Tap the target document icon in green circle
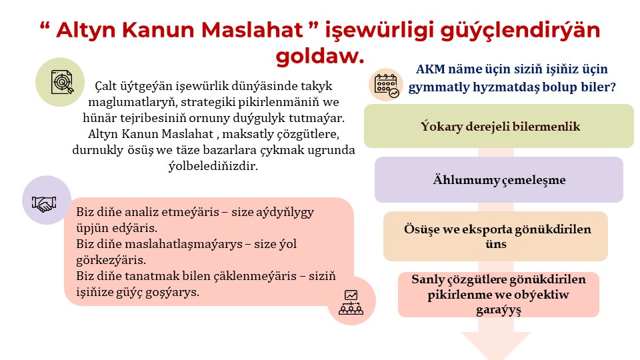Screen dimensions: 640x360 click(62, 82)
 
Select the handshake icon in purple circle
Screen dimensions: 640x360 click(44, 203)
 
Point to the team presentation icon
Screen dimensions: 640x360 click(351, 302)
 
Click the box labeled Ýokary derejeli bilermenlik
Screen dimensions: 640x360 click(499, 126)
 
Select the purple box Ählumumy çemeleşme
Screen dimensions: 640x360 click(499, 179)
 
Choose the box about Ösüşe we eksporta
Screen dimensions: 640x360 click(495, 236)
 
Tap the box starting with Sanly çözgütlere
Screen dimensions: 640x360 click(499, 294)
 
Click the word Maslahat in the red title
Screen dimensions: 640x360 click(252, 30)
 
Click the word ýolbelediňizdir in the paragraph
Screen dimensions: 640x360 click(213, 166)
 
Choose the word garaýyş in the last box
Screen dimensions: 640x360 click(499, 310)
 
